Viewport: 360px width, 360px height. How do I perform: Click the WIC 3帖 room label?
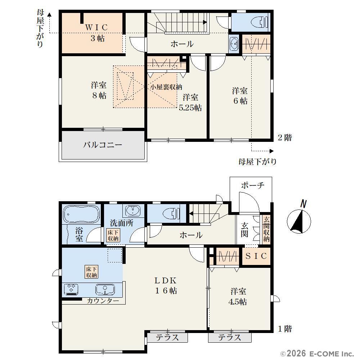(96, 33)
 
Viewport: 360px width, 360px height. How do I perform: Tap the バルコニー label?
(102, 145)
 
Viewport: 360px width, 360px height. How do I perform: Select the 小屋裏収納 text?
(166, 87)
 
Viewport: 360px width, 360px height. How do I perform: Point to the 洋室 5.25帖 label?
(190, 102)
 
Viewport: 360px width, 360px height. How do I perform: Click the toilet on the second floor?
(260, 22)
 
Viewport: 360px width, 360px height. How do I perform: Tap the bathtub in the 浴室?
(81, 214)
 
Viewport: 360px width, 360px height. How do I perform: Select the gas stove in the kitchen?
(71, 289)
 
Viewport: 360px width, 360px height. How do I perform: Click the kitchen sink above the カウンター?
(105, 289)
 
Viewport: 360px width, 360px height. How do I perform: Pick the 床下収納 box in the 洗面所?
(113, 235)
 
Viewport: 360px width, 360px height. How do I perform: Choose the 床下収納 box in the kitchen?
(91, 272)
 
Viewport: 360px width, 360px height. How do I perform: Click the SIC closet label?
(256, 256)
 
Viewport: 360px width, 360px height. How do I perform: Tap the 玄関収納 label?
(266, 229)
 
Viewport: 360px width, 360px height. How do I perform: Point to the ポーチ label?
(253, 185)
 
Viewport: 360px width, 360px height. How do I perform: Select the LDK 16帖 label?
(166, 285)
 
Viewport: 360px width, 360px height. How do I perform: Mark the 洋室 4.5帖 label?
(238, 296)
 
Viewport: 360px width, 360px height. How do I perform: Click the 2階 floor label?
(285, 138)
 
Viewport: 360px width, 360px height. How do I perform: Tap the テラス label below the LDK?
(167, 338)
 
